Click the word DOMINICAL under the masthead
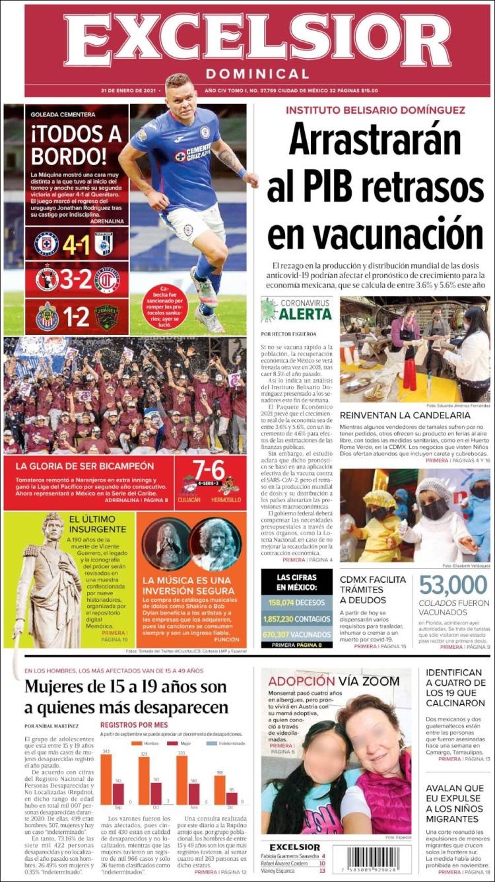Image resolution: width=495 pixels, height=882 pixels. click(x=257, y=74)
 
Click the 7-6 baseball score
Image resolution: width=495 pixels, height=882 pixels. click(x=209, y=470)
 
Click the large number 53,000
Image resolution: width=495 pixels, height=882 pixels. click(x=453, y=585)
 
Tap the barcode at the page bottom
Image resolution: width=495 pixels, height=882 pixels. click(x=372, y=860)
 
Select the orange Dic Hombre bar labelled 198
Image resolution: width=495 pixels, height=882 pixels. click(x=220, y=790)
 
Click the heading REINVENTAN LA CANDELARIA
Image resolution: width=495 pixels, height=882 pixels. click(x=405, y=416)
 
